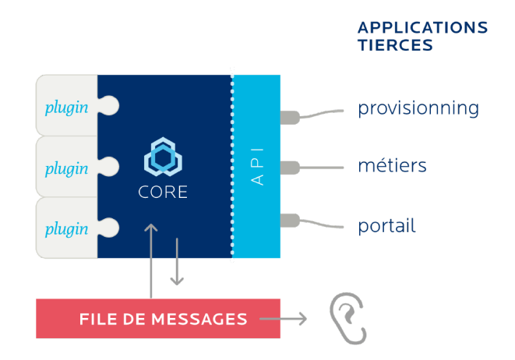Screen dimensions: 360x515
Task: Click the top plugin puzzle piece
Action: tap(67, 106)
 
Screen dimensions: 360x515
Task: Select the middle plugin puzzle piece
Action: tap(67, 167)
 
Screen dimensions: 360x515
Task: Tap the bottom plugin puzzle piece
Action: tap(67, 228)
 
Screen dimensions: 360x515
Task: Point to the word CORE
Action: tap(163, 192)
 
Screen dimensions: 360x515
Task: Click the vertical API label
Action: tap(258, 166)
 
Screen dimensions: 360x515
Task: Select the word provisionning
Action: tap(418, 108)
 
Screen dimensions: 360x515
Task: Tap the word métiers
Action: tap(392, 165)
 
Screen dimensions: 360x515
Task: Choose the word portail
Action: tap(386, 226)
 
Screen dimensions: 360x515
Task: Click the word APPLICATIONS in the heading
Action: tap(422, 28)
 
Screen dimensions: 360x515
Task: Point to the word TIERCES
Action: tap(395, 45)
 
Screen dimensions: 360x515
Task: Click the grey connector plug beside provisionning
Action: tap(290, 118)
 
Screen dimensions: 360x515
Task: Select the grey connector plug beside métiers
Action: tap(290, 167)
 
